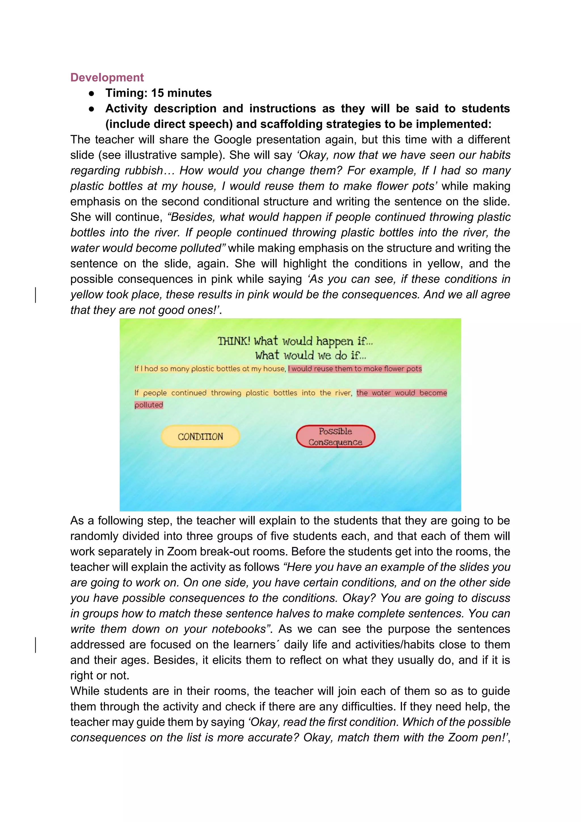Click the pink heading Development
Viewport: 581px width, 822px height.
(107, 77)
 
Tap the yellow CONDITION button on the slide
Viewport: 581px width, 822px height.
(200, 436)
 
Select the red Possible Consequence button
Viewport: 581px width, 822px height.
(335, 436)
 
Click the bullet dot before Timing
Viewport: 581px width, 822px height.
(92, 93)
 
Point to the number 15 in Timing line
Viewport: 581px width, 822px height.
(157, 93)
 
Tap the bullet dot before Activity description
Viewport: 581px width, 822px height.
(92, 109)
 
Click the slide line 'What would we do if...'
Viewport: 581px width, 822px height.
(311, 355)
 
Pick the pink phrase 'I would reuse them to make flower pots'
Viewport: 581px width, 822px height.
(355, 369)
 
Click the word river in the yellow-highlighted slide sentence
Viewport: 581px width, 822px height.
(343, 393)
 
